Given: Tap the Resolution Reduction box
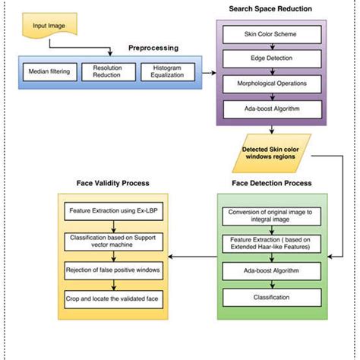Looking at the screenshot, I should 107,73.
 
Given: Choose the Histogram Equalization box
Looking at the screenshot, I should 169,73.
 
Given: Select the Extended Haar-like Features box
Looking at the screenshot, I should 270,244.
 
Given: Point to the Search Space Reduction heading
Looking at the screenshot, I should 270,9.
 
